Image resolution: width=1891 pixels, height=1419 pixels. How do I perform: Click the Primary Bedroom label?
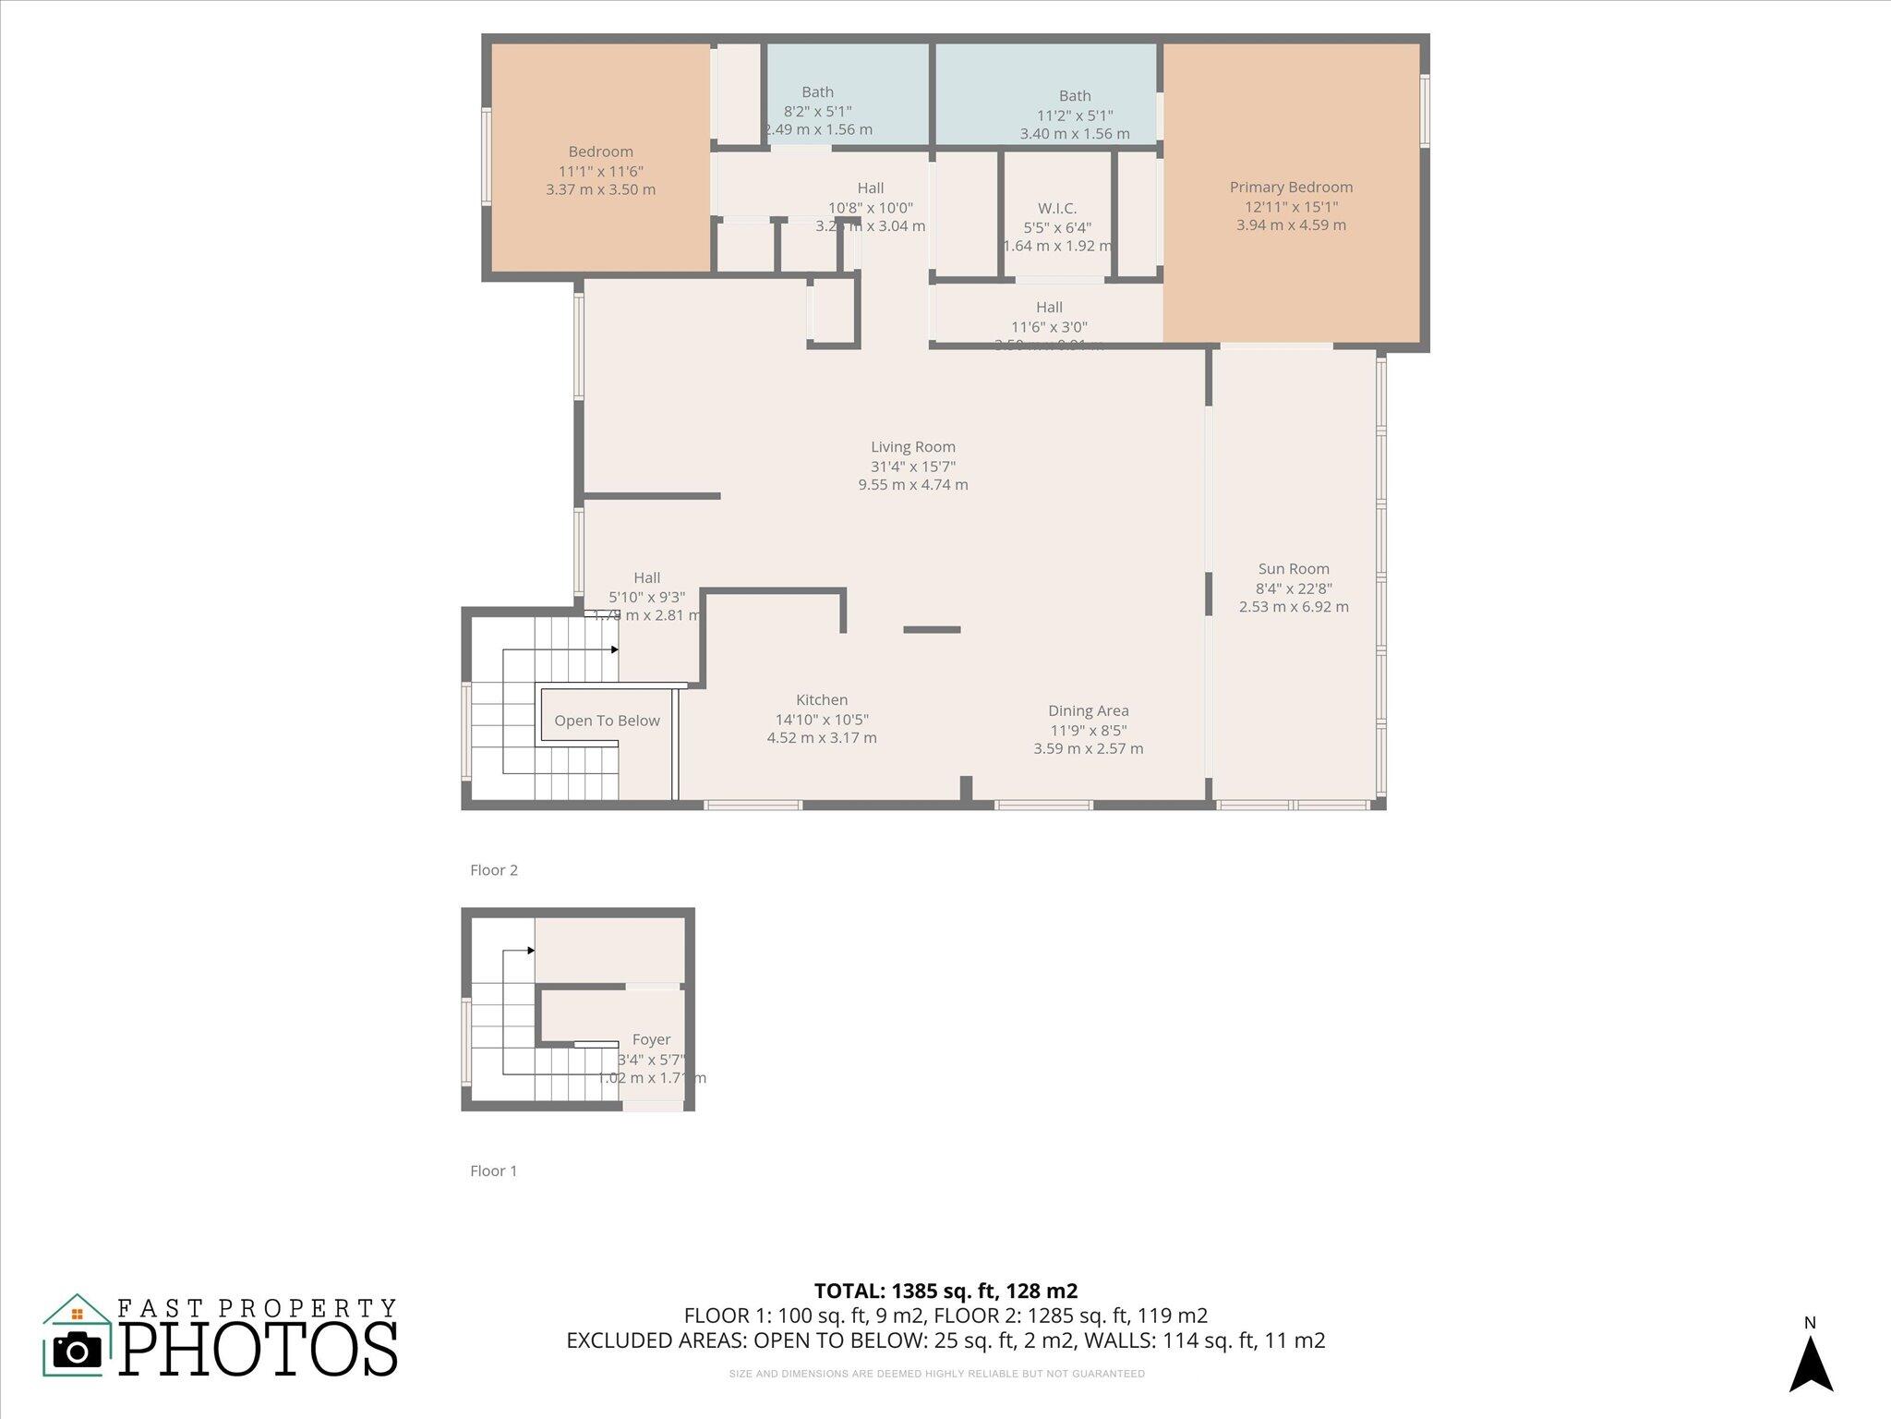tap(1291, 188)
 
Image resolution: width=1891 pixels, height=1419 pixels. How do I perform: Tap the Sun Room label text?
tap(1294, 569)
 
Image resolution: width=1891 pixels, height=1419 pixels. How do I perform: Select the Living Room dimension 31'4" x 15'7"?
tap(912, 467)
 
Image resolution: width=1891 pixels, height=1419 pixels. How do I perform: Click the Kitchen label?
tap(822, 700)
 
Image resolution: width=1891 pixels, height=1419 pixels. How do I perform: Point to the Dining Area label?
tap(1088, 710)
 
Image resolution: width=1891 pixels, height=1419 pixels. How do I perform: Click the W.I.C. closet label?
tap(1057, 209)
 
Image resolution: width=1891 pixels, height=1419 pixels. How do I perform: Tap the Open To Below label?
tap(607, 721)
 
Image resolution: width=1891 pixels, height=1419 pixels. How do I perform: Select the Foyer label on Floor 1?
tap(651, 1039)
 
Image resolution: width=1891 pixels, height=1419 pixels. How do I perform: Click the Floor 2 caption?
tap(494, 870)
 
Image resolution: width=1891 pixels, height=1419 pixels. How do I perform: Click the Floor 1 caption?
tap(494, 1170)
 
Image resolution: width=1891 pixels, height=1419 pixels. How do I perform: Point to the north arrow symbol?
tap(1811, 1364)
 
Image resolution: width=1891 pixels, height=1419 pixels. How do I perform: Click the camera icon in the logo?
tap(78, 1351)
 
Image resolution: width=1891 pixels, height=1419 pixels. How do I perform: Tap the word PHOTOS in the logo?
tap(259, 1350)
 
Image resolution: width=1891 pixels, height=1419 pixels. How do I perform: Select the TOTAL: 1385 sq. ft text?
tap(945, 1291)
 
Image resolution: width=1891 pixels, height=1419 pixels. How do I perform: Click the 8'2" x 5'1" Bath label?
tap(817, 111)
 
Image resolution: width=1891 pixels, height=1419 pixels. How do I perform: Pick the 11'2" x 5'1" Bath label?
tap(1075, 115)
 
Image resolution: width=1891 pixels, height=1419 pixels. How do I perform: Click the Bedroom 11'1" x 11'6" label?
tap(600, 171)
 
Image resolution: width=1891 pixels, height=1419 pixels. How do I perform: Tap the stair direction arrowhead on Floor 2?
tap(615, 649)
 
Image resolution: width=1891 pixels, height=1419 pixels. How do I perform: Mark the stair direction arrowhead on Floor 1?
tap(531, 951)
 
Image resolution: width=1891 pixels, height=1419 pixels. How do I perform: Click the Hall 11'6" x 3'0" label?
tap(1049, 317)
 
